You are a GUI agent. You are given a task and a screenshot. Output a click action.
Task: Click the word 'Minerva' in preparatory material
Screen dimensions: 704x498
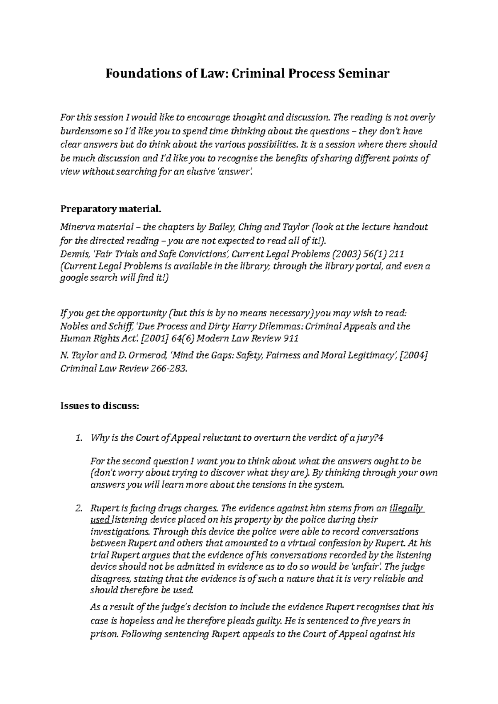coord(77,227)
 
